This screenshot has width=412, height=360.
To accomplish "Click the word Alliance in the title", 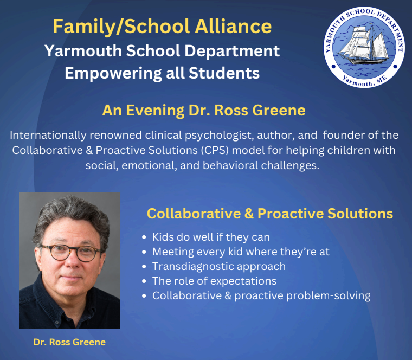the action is coord(233,26).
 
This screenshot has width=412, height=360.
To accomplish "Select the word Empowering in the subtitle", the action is coord(113,73).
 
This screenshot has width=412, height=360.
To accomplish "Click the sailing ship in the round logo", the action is coord(364,45).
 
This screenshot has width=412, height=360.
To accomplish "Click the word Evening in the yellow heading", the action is coord(155,111).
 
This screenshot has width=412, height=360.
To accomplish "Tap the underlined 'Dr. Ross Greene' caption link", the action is coord(69,342).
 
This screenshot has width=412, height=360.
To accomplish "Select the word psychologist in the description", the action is coord(219,136).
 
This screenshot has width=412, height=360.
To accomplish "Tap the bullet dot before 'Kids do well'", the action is coord(144,237).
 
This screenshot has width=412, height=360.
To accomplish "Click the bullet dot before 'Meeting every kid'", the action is coord(144,252).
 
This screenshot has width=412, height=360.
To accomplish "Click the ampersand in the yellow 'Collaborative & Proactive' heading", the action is coord(249,214).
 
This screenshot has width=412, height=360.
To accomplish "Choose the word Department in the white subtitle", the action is coord(232,51).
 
